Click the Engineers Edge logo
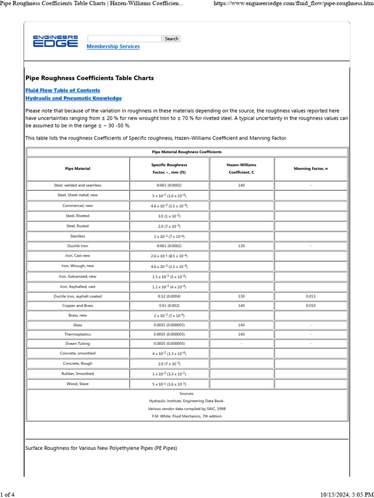(55, 41)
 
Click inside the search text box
(124, 38)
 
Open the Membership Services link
(113, 47)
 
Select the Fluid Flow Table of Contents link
(62, 90)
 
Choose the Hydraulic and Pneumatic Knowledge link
(73, 98)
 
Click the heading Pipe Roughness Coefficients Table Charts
(89, 78)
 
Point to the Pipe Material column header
(78, 169)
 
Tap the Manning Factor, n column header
(311, 169)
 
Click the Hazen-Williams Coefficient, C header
(242, 169)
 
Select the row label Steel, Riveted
(78, 215)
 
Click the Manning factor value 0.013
(311, 296)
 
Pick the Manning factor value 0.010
(311, 305)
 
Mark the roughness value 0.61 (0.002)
(169, 305)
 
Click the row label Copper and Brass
(78, 305)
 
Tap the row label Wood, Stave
(78, 384)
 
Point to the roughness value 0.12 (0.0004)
(169, 296)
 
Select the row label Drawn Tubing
(78, 344)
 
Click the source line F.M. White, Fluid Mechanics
(187, 416)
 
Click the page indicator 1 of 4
(7, 495)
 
